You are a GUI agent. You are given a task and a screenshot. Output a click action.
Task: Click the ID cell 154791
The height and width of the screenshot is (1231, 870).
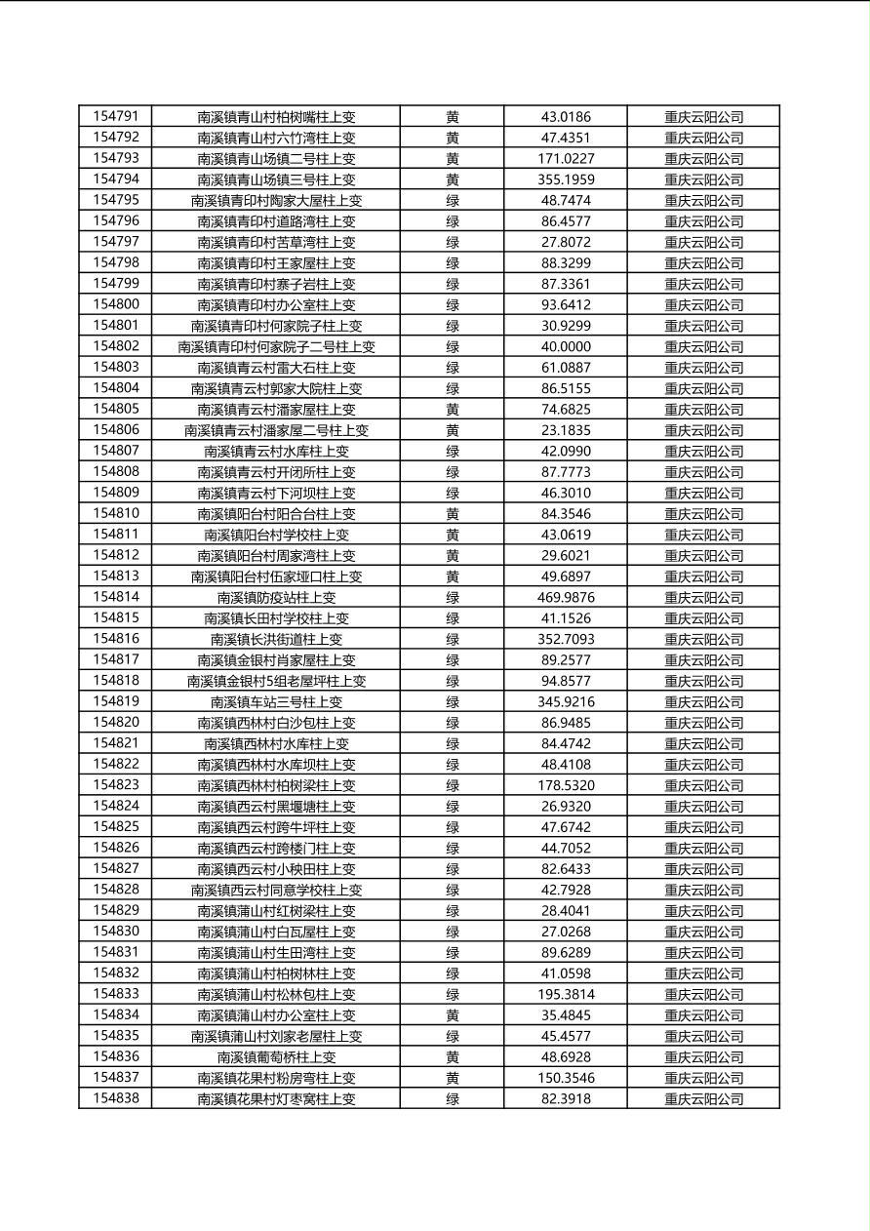tap(115, 117)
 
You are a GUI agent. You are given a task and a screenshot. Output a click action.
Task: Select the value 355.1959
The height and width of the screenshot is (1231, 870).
tap(566, 179)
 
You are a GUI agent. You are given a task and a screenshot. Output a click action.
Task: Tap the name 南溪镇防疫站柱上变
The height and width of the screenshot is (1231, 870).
tap(276, 597)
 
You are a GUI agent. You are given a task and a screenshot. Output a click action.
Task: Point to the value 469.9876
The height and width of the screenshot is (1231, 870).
tap(566, 597)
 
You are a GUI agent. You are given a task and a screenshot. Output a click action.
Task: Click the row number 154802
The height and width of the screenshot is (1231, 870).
tap(115, 346)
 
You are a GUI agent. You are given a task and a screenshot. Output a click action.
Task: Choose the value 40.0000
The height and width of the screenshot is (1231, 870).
tap(566, 346)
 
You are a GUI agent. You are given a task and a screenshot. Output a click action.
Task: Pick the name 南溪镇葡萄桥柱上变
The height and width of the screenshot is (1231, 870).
tap(276, 1056)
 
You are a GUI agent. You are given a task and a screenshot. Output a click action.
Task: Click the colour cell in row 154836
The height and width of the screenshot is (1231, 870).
tap(453, 1056)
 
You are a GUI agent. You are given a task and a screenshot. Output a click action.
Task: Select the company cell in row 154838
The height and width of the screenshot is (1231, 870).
tap(703, 1098)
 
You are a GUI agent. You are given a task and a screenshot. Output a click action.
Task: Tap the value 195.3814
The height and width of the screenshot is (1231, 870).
tap(566, 994)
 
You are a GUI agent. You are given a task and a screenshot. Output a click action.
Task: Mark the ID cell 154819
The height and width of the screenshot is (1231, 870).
tap(115, 701)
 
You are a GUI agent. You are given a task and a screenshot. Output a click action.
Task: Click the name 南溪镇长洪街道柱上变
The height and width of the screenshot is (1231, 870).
tap(276, 639)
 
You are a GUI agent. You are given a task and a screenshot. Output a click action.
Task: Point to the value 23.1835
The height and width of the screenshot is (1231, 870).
tap(566, 430)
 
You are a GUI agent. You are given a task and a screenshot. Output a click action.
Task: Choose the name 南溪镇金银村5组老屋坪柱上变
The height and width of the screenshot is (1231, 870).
tap(276, 681)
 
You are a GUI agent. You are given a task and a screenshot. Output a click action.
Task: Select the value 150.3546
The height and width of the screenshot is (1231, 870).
tap(566, 1078)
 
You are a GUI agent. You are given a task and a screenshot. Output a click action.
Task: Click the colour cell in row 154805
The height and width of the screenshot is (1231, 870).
tap(453, 409)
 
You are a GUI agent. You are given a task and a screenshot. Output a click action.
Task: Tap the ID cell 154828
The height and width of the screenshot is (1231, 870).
tap(115, 890)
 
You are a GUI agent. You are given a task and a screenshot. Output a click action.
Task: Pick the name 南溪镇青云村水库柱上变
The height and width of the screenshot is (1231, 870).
tap(276, 451)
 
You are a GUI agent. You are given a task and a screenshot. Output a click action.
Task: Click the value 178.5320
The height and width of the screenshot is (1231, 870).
tap(566, 785)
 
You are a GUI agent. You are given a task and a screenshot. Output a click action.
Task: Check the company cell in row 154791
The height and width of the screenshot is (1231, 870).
tap(703, 117)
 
